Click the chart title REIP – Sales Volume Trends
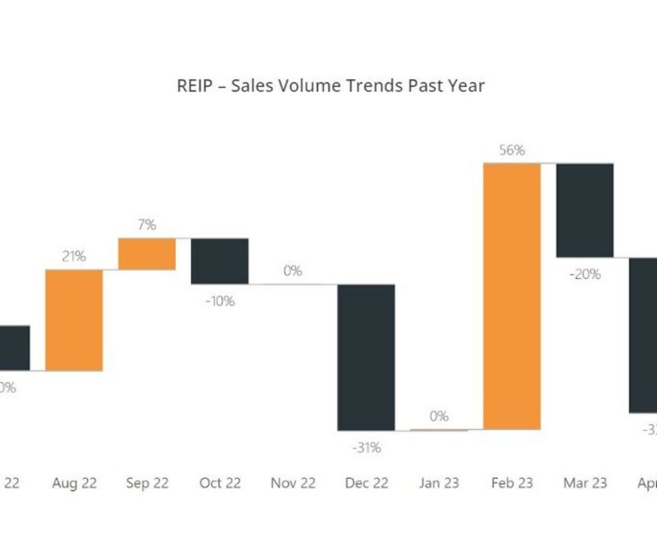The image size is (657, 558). click(x=330, y=86)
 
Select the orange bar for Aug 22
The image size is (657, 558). click(x=74, y=320)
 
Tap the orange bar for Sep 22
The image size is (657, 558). click(x=147, y=254)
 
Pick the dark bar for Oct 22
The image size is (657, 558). click(x=220, y=261)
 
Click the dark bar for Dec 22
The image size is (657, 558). click(x=366, y=357)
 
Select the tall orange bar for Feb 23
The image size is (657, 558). click(x=512, y=296)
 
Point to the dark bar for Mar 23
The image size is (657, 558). click(x=585, y=210)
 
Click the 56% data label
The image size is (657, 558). click(x=512, y=151)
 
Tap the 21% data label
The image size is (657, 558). click(x=74, y=256)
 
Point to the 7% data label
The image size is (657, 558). click(x=147, y=225)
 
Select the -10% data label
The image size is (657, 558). click(x=220, y=301)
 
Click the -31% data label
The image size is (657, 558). click(x=366, y=448)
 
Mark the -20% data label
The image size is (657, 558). click(x=585, y=274)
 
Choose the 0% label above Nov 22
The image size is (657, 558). click(x=293, y=271)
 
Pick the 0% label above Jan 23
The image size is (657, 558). click(x=439, y=417)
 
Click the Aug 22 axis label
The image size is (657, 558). click(x=74, y=483)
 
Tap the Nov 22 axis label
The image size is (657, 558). click(x=293, y=483)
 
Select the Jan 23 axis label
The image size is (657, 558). click(x=439, y=483)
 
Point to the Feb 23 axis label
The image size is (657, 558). click(x=512, y=483)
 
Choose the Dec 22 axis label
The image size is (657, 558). click(x=366, y=483)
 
